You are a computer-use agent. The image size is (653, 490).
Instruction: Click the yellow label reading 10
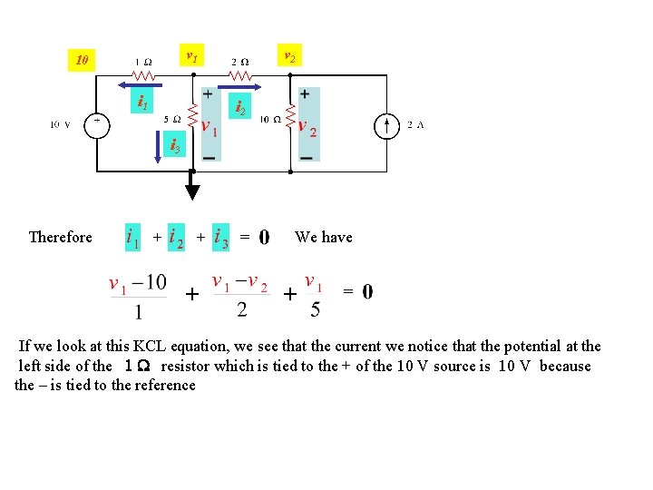(83, 61)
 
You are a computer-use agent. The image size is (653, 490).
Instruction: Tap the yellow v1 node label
(191, 57)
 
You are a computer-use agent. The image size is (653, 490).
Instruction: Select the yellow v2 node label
(288, 56)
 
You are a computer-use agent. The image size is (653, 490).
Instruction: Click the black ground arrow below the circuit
(192, 191)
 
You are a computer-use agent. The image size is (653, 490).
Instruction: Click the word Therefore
(61, 237)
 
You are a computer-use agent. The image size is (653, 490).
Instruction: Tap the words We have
(324, 237)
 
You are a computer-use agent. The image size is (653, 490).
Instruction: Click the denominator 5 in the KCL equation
(315, 310)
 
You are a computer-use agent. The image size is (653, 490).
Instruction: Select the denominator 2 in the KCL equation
(241, 310)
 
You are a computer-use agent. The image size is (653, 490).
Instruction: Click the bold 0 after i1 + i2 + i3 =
(264, 238)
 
